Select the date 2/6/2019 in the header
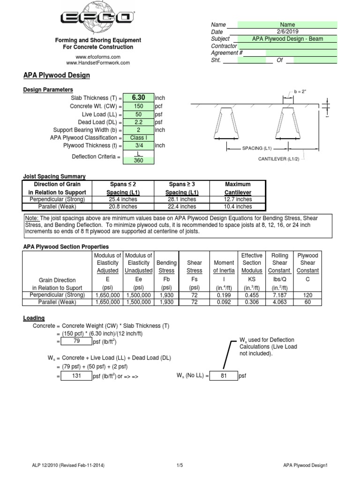[x=287, y=31]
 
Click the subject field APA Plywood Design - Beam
[x=287, y=39]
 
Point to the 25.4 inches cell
[x=123, y=199]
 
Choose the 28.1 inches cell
[x=181, y=199]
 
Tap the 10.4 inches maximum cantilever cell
[x=238, y=206]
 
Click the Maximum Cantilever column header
[x=238, y=188]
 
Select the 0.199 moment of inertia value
[x=224, y=295]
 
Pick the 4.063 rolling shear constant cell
[x=280, y=302]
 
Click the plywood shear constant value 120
[x=307, y=295]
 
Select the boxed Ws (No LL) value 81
[x=223, y=376]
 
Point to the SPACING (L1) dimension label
[x=256, y=148]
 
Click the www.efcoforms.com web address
[x=98, y=56]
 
